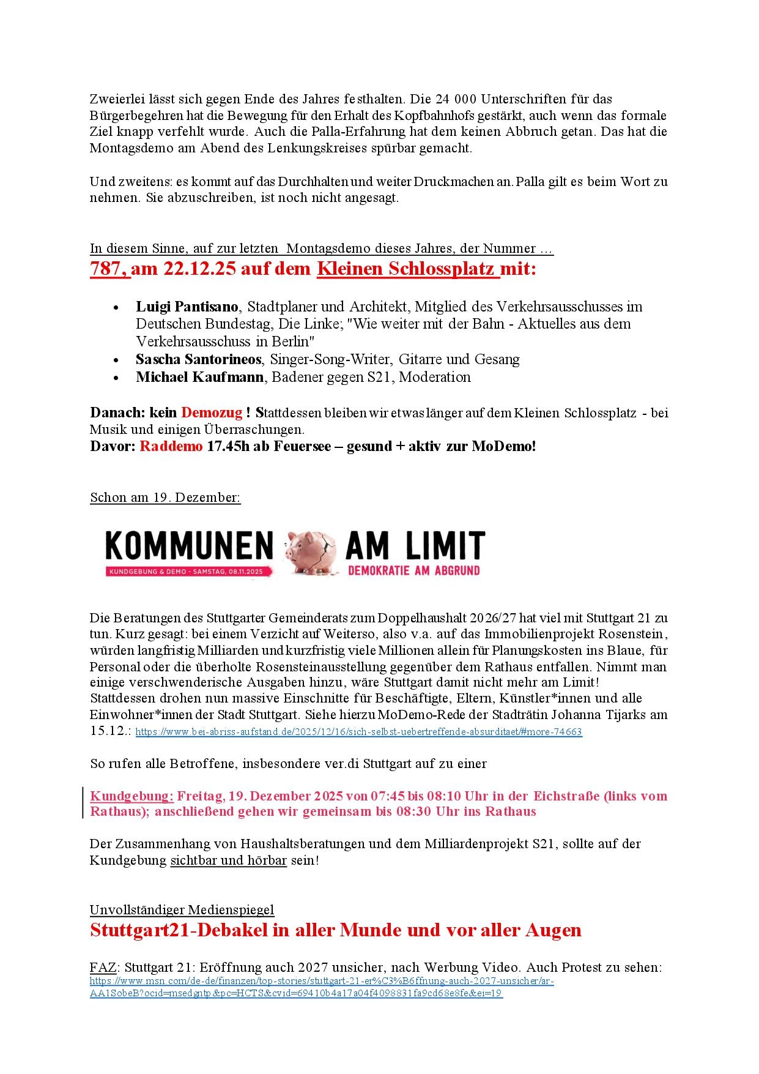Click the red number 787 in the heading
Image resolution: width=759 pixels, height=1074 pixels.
pyautogui.click(x=109, y=269)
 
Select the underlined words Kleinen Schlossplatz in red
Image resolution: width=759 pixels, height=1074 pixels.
pyautogui.click(x=407, y=269)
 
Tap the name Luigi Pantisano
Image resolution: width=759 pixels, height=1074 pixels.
pyautogui.click(x=187, y=307)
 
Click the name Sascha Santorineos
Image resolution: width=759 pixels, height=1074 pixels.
pyautogui.click(x=198, y=359)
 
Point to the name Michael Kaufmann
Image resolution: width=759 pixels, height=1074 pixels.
pyautogui.click(x=199, y=377)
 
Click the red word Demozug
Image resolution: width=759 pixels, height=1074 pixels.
pyautogui.click(x=212, y=412)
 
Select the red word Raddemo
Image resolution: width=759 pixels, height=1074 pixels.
pyautogui.click(x=171, y=446)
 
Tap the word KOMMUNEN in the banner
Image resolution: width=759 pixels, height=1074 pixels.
pyautogui.click(x=189, y=546)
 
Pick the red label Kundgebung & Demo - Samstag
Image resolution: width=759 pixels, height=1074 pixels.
pyautogui.click(x=185, y=572)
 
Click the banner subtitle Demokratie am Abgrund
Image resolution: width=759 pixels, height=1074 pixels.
pyautogui.click(x=413, y=571)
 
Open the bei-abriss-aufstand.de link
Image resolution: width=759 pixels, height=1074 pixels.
pyautogui.click(x=358, y=732)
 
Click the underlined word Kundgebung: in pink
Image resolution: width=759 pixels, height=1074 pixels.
pyautogui.click(x=131, y=796)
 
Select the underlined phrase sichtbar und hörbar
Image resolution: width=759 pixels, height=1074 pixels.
pyautogui.click(x=228, y=860)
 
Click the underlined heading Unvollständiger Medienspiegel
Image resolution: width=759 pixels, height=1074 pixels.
pyautogui.click(x=182, y=910)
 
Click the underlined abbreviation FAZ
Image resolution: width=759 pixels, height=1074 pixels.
pyautogui.click(x=103, y=968)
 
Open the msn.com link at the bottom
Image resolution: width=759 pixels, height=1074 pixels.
pyautogui.click(x=321, y=981)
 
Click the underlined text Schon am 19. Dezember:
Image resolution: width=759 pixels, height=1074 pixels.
pyautogui.click(x=165, y=498)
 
